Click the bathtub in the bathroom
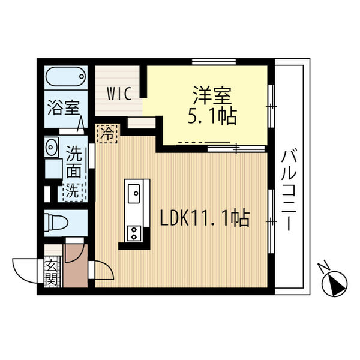tap(65, 76)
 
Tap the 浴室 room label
tap(64, 108)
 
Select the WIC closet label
tap(119, 94)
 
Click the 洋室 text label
tap(212, 95)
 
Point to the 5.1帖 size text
tap(212, 116)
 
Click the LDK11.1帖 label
tap(205, 218)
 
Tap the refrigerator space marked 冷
tap(107, 134)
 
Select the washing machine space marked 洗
tap(73, 192)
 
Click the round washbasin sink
tap(50, 146)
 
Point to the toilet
tap(56, 222)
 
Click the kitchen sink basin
tap(134, 194)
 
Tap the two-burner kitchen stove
tap(134, 233)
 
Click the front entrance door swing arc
tap(25, 271)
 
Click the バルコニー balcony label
tap(289, 190)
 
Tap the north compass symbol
tap(335, 284)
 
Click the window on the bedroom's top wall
tap(214, 62)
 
